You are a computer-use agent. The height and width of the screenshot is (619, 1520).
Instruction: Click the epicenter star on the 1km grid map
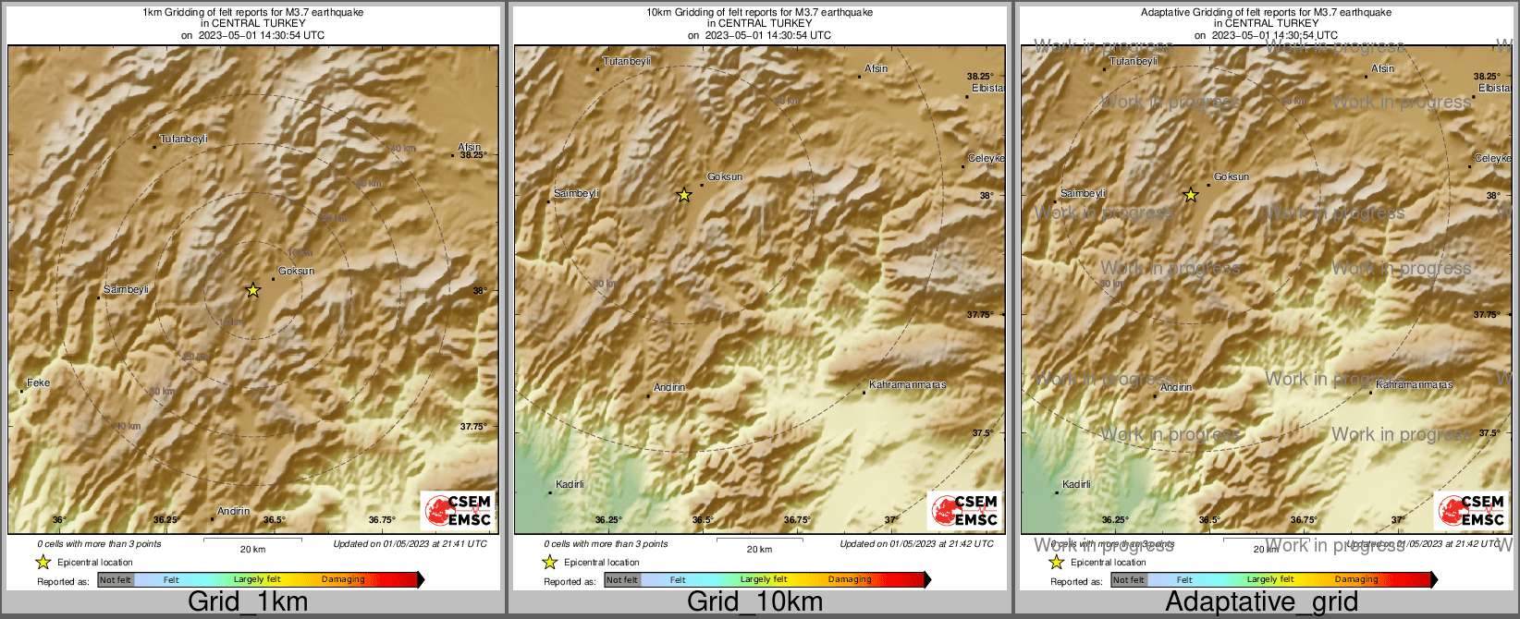pos(252,290)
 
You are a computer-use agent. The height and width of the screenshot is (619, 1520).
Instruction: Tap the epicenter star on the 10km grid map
pos(683,195)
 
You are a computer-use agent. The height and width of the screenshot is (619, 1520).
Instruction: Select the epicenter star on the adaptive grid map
pos(1191,195)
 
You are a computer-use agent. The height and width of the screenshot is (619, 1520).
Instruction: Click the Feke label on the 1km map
pos(39,382)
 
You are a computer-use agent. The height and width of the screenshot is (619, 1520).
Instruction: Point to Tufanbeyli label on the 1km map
pos(183,140)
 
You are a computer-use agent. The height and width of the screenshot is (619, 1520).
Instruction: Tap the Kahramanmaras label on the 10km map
pos(908,384)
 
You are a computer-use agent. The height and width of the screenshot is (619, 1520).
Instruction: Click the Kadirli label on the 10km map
pos(570,484)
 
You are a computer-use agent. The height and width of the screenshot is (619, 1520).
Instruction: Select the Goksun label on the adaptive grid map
pos(1232,176)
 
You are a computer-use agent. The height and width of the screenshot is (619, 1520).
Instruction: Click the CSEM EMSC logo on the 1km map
pos(458,510)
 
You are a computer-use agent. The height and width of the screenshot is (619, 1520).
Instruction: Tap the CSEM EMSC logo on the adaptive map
pos(1471,510)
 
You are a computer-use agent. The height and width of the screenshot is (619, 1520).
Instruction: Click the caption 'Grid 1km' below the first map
pos(248,602)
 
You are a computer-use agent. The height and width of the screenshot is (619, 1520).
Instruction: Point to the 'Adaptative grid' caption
pos(1261,602)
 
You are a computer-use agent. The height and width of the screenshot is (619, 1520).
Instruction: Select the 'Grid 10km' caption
pos(754,602)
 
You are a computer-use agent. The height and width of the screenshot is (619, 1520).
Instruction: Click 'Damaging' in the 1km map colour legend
pos(343,580)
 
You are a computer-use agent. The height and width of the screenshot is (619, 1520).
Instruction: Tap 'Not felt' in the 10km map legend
pos(622,580)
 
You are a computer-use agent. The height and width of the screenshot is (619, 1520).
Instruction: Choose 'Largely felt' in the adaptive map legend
pos(1270,580)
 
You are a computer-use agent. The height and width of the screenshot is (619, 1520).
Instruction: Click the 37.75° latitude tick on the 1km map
pos(473,426)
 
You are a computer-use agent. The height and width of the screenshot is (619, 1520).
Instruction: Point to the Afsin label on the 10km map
pos(876,68)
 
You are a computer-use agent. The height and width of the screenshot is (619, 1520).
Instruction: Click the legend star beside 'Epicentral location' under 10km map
pos(549,562)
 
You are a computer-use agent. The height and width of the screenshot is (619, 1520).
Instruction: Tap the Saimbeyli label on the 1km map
pos(126,290)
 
